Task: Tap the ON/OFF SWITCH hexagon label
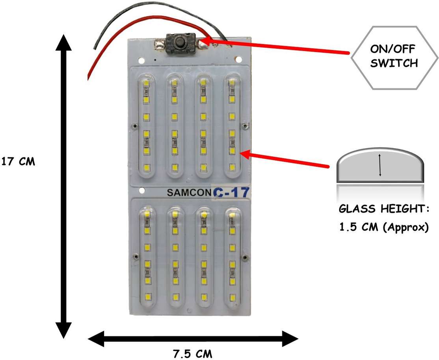coord(394,58)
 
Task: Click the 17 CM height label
coord(19,162)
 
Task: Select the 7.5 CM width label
coord(193,354)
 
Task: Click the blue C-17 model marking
coord(231,193)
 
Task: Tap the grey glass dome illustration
coord(380,166)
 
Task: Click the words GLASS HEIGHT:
coord(383,209)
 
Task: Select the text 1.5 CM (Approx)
coord(384,227)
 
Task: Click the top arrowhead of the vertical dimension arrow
coord(63,42)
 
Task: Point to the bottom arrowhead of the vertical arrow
coord(63,330)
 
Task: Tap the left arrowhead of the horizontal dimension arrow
coord(96,339)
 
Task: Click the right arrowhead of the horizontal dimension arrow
coord(290,339)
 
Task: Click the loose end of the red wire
coord(89,78)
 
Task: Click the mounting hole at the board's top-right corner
coord(239,60)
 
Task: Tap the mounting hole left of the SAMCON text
coord(142,191)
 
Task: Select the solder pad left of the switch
coord(160,45)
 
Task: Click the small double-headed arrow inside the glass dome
coord(380,165)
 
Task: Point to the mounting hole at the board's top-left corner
coord(141,60)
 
